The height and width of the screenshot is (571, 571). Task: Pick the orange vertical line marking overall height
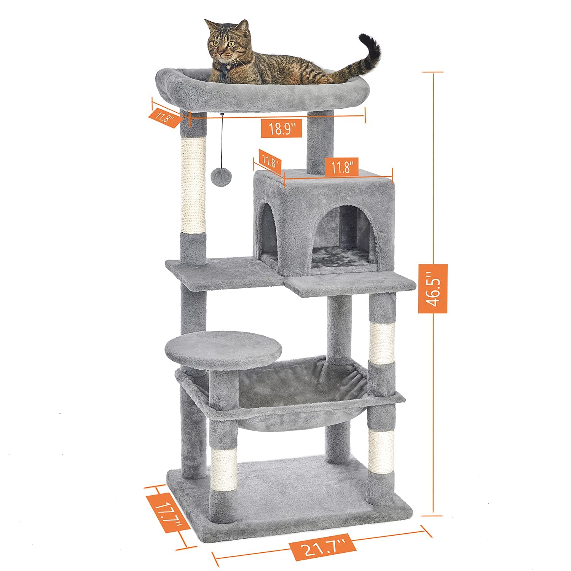point(433,171)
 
